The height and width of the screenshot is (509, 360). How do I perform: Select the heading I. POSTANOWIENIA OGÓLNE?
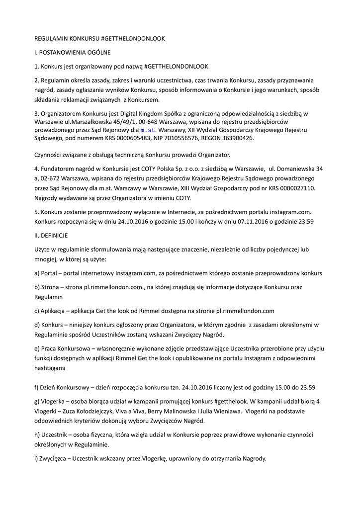[x=72, y=52]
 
